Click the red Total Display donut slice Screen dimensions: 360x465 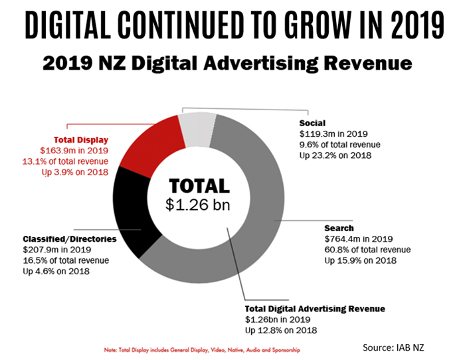pyautogui.click(x=153, y=142)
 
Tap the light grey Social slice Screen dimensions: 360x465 pyautogui.click(x=199, y=127)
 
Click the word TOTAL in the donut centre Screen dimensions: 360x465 pyautogui.click(x=199, y=186)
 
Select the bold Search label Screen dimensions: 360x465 pyautogui.click(x=339, y=228)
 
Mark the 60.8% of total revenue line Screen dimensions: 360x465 pyautogui.click(x=365, y=250)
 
